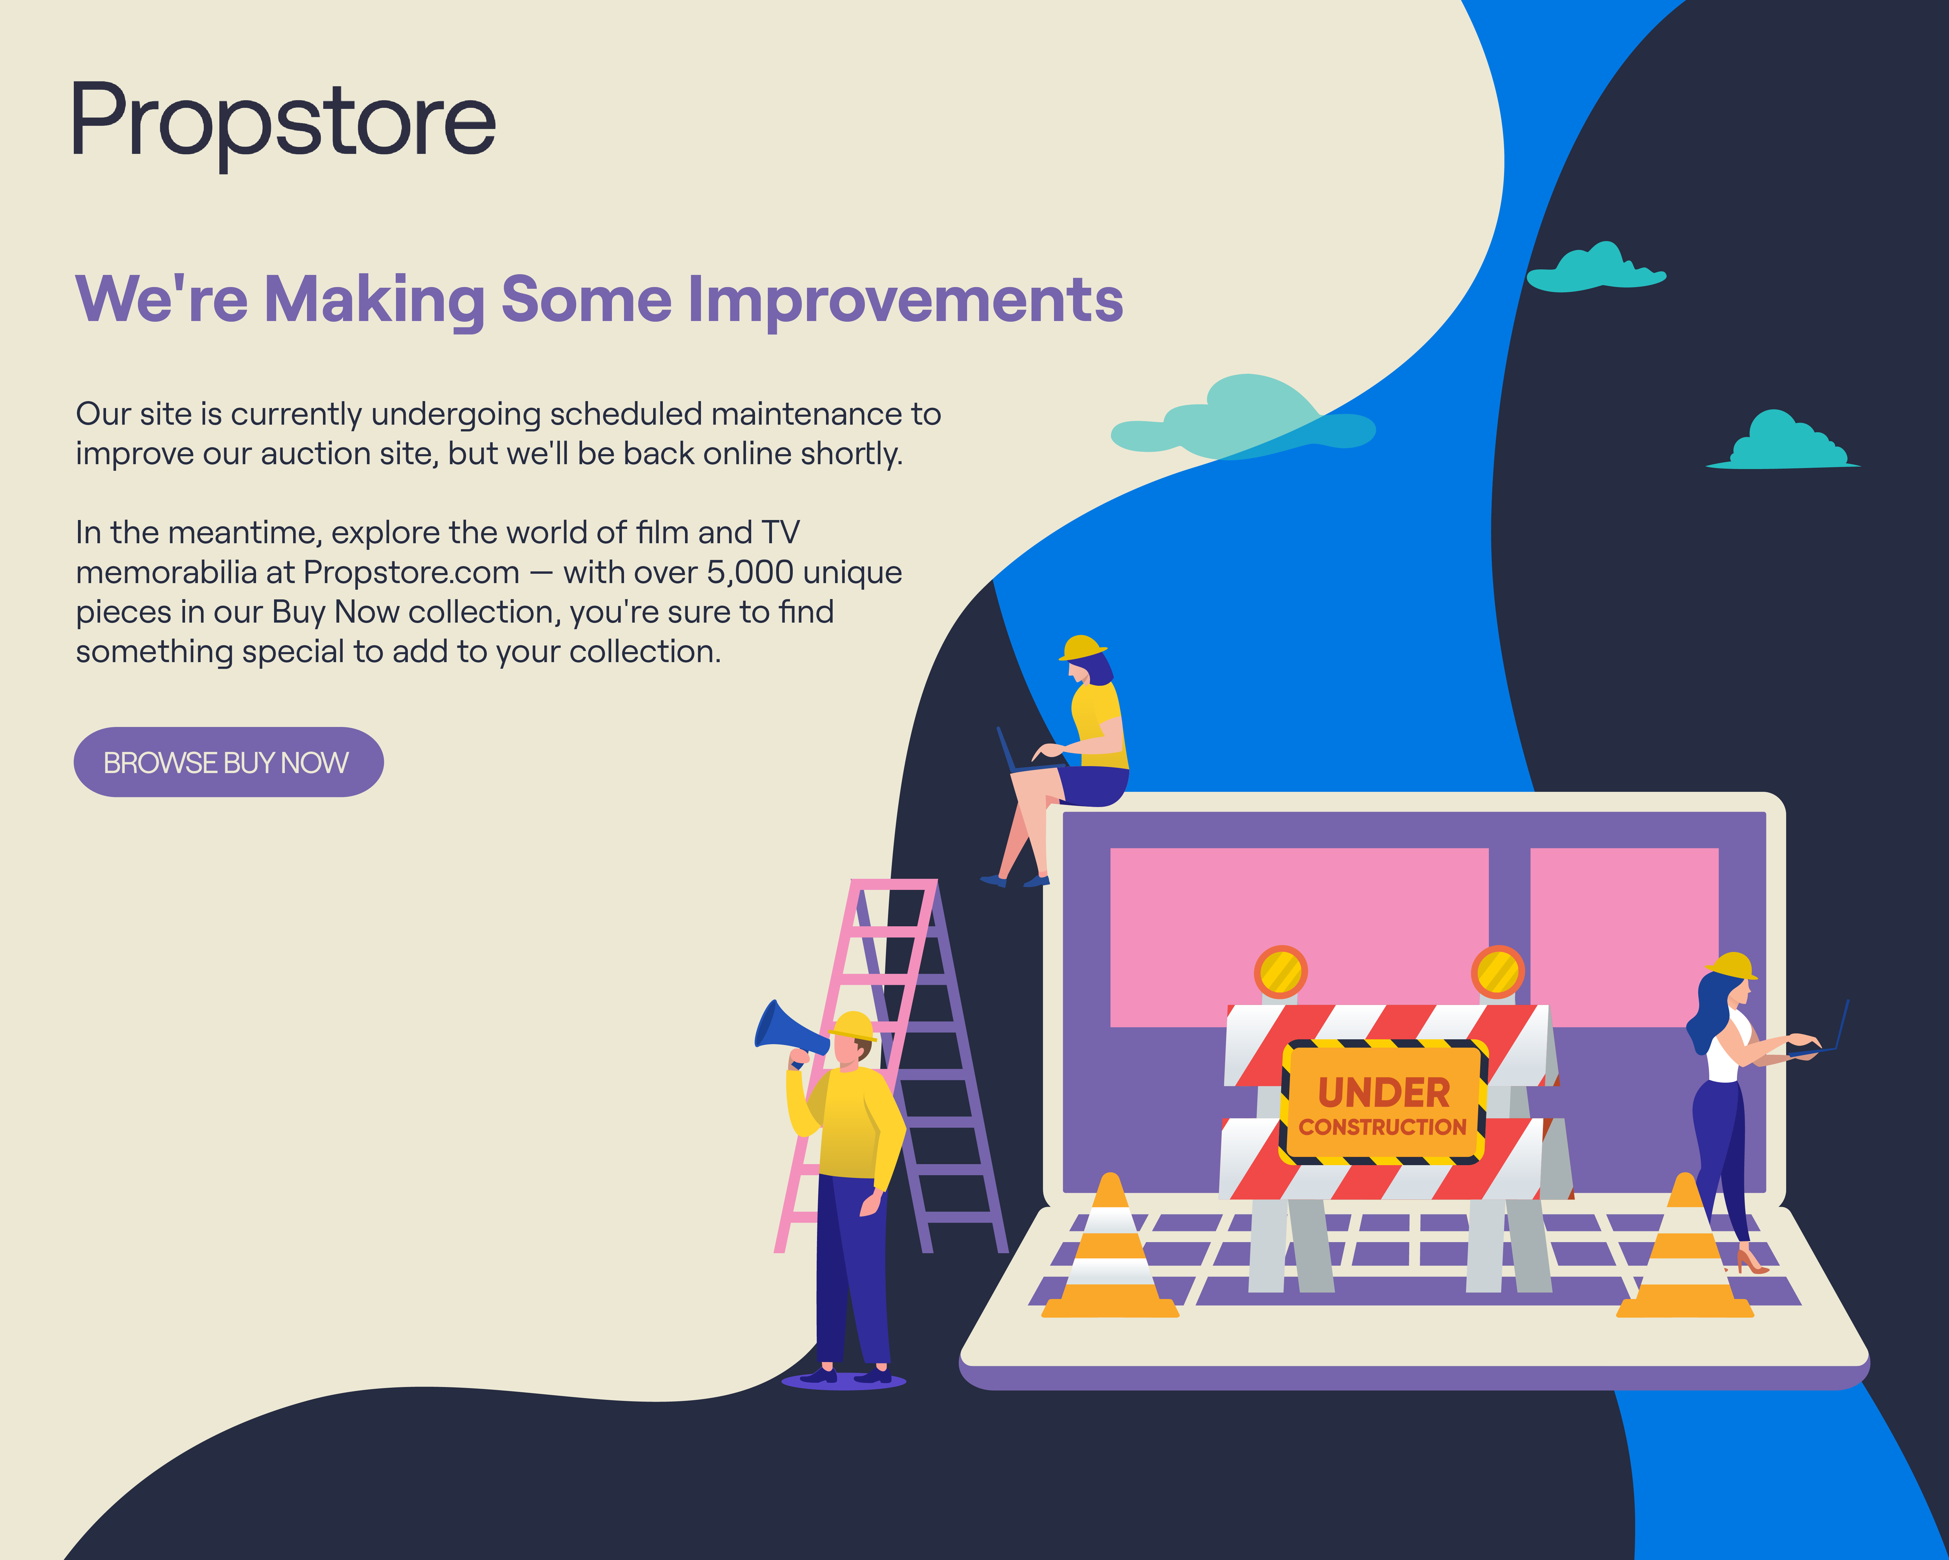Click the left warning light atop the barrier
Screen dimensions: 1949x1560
1280,972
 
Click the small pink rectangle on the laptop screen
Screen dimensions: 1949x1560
1624,937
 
